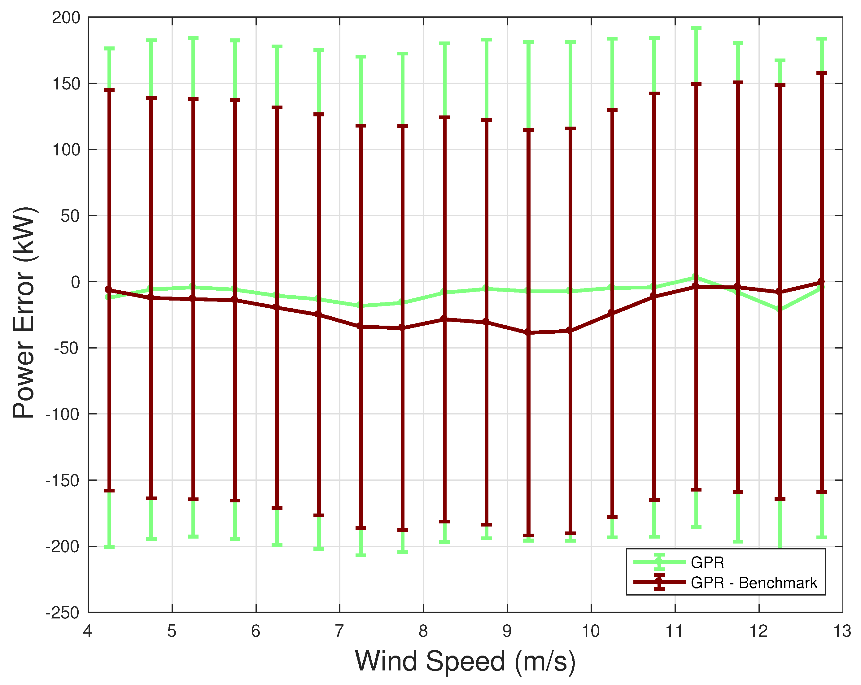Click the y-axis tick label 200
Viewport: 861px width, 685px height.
point(66,18)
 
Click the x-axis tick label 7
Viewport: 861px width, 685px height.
point(339,631)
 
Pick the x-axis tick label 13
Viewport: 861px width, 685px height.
point(842,631)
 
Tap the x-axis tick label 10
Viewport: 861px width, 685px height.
point(590,631)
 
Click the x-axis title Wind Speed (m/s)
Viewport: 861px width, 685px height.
point(465,661)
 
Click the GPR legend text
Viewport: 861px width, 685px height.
point(707,562)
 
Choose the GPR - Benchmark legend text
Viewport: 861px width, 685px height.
point(754,583)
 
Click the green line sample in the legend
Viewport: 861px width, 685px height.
point(659,562)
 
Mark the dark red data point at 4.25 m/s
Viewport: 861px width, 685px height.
point(109,290)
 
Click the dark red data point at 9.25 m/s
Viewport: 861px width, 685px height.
point(528,332)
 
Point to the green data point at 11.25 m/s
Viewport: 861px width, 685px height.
point(695,277)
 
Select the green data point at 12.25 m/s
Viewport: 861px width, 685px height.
point(779,309)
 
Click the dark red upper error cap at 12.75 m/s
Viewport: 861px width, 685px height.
point(821,73)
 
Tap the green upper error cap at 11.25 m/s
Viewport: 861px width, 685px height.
point(696,29)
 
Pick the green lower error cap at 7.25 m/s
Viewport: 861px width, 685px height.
point(361,555)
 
